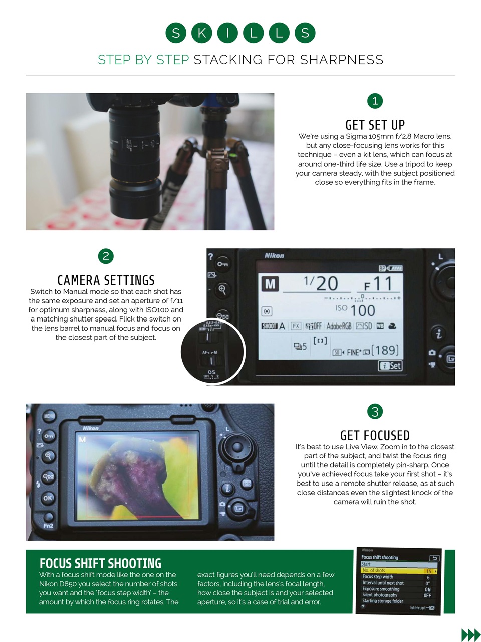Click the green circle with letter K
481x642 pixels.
(x=201, y=33)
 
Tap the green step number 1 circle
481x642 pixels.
(x=375, y=101)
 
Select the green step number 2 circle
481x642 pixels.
(x=106, y=256)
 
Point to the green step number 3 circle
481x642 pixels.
(x=375, y=412)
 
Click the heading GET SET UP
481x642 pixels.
(x=375, y=125)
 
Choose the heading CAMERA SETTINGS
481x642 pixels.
(x=106, y=280)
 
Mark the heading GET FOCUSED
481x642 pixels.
(x=375, y=435)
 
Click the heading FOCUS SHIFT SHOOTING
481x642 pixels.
(x=100, y=563)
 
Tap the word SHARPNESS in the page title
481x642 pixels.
(x=342, y=60)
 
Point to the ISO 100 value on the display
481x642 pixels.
(x=356, y=310)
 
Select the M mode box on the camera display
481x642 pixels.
(x=270, y=284)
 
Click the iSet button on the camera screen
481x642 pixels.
(x=391, y=366)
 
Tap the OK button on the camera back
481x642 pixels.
(x=48, y=498)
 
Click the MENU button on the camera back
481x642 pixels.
(x=49, y=416)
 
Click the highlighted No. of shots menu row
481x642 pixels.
(x=399, y=571)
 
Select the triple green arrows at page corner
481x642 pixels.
(x=470, y=635)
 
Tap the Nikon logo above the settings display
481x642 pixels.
(x=274, y=256)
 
